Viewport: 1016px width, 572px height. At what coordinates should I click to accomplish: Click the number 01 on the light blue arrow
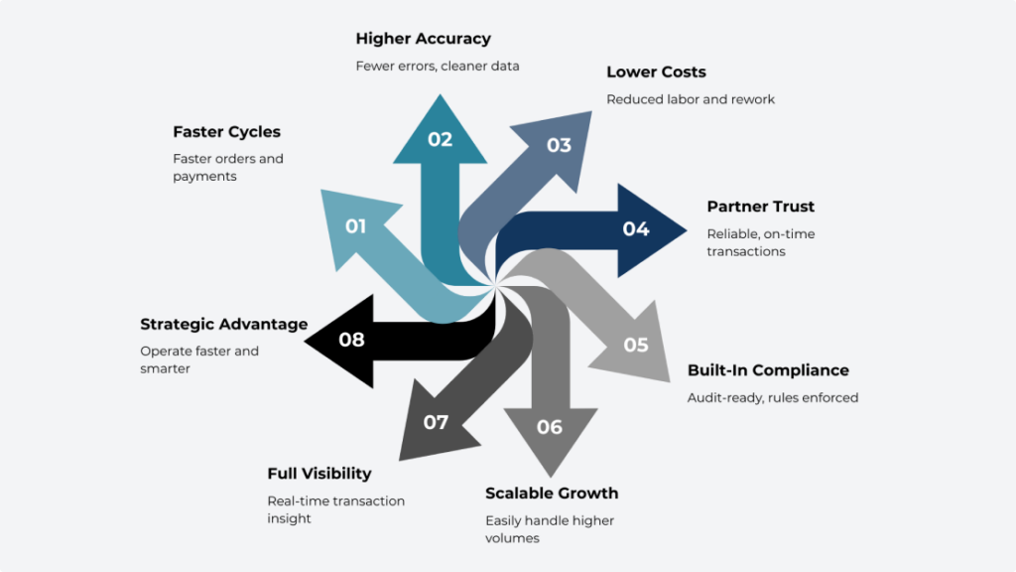tap(355, 226)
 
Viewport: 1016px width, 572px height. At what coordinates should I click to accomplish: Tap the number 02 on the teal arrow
tap(440, 139)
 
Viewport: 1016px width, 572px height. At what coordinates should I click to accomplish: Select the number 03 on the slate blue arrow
tap(559, 145)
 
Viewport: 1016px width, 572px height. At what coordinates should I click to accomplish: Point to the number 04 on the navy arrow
tap(636, 229)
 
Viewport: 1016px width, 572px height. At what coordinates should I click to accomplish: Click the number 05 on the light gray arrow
tap(636, 345)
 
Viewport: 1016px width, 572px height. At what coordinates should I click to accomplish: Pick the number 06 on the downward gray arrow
tap(550, 427)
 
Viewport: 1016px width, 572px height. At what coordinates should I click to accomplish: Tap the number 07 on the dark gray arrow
tap(436, 422)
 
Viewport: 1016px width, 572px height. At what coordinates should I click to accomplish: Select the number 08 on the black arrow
tap(351, 340)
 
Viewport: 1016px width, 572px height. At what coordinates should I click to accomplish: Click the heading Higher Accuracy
tap(423, 39)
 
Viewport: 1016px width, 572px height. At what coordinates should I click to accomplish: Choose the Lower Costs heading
tap(656, 72)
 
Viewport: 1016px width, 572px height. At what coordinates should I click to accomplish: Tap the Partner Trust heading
tap(760, 207)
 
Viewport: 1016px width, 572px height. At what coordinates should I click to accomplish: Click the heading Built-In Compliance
tap(768, 370)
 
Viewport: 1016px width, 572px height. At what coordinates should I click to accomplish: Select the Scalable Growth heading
tap(552, 494)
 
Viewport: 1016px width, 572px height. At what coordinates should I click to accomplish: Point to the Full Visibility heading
tap(319, 474)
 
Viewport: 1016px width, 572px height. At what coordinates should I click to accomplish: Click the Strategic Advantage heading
tap(223, 325)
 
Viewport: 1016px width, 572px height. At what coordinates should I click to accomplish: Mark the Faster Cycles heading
tap(226, 132)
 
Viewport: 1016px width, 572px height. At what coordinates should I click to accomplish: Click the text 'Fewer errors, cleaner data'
tap(438, 67)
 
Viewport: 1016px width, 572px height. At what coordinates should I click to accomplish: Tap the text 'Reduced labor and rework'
tap(691, 99)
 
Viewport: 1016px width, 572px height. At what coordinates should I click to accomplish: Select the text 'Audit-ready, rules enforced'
tap(772, 397)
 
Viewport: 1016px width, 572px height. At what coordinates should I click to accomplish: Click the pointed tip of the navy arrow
tap(686, 230)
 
